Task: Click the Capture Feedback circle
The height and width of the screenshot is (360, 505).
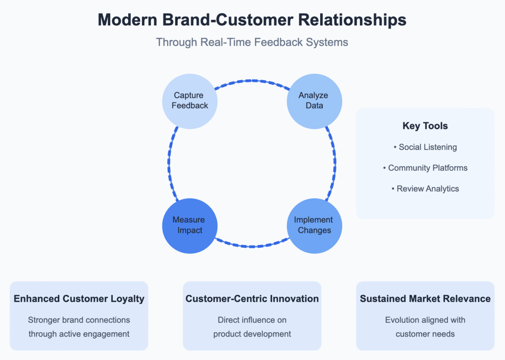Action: click(190, 101)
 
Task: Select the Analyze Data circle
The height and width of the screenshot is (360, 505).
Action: click(314, 101)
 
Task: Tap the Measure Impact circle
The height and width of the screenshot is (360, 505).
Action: click(190, 225)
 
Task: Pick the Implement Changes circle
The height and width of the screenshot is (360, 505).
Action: click(314, 225)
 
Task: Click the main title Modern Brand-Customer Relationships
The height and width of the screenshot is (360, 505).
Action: click(252, 20)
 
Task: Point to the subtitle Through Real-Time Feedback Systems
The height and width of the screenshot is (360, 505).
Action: click(252, 42)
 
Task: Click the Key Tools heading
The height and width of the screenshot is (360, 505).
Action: click(425, 126)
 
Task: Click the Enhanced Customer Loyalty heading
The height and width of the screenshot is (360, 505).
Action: click(79, 299)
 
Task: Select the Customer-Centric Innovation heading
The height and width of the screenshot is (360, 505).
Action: click(252, 299)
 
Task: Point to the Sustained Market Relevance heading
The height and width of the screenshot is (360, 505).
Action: click(425, 299)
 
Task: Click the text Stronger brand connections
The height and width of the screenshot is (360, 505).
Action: click(79, 320)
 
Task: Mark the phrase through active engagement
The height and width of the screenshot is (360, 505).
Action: click(79, 334)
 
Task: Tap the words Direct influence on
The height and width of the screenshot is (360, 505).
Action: click(252, 320)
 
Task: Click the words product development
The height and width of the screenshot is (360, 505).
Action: click(252, 334)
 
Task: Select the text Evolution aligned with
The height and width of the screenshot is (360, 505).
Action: click(425, 320)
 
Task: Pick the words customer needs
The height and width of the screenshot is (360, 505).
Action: click(425, 334)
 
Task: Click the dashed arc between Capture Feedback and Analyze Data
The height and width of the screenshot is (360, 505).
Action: click(252, 80)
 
